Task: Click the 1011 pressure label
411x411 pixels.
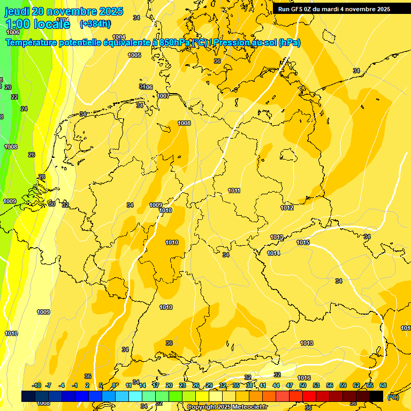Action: pyautogui.click(x=234, y=191)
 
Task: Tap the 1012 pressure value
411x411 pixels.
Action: pyautogui.click(x=287, y=208)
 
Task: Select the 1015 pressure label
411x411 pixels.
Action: pyautogui.click(x=303, y=243)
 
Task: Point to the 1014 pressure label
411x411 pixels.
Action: pyautogui.click(x=273, y=253)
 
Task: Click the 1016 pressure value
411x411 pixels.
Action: pyautogui.click(x=304, y=378)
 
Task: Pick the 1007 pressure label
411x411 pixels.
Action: pyautogui.click(x=163, y=96)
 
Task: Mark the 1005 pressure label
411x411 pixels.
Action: pyautogui.click(x=134, y=56)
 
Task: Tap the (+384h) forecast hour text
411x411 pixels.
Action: pyautogui.click(x=95, y=24)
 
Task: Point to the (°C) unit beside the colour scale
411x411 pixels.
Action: pyautogui.click(x=393, y=398)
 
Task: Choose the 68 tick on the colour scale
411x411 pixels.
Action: pyautogui.click(x=383, y=385)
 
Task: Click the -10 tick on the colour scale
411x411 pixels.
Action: pyautogui.click(x=37, y=385)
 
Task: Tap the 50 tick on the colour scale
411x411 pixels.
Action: pyautogui.click(x=303, y=385)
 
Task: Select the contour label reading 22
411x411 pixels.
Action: pyautogui.click(x=14, y=97)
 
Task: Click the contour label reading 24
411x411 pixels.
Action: pyautogui.click(x=24, y=109)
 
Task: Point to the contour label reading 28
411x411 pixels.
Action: pyautogui.click(x=42, y=177)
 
